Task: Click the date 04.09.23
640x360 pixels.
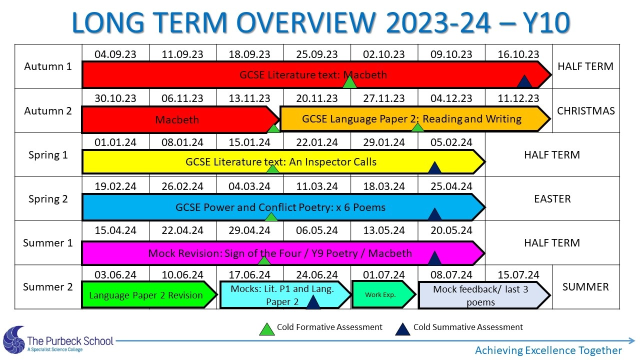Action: pyautogui.click(x=115, y=54)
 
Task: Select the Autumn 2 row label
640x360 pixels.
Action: pyautogui.click(x=48, y=111)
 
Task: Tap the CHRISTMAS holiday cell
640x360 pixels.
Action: pyautogui.click(x=585, y=111)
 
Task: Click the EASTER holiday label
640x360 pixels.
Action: pyautogui.click(x=552, y=199)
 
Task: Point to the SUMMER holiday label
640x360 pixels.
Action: pyautogui.click(x=585, y=287)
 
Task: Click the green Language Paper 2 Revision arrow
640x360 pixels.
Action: pyautogui.click(x=148, y=295)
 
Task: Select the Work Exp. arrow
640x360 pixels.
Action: pyautogui.click(x=383, y=294)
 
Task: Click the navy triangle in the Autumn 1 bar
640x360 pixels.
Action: pyautogui.click(x=524, y=81)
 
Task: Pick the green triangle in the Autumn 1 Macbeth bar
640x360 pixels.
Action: pyautogui.click(x=349, y=82)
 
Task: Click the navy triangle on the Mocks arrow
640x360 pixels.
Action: pyautogui.click(x=313, y=302)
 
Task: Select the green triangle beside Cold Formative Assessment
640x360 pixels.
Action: pyautogui.click(x=267, y=329)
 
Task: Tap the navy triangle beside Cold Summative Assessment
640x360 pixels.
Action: pyautogui.click(x=403, y=329)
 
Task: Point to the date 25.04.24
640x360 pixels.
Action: pyautogui.click(x=451, y=186)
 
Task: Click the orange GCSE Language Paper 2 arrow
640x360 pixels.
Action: pyautogui.click(x=415, y=119)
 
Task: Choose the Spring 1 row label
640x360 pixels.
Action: pyautogui.click(x=48, y=155)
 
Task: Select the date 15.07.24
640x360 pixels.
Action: pyautogui.click(x=518, y=275)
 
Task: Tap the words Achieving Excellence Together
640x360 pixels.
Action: pyautogui.click(x=548, y=350)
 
